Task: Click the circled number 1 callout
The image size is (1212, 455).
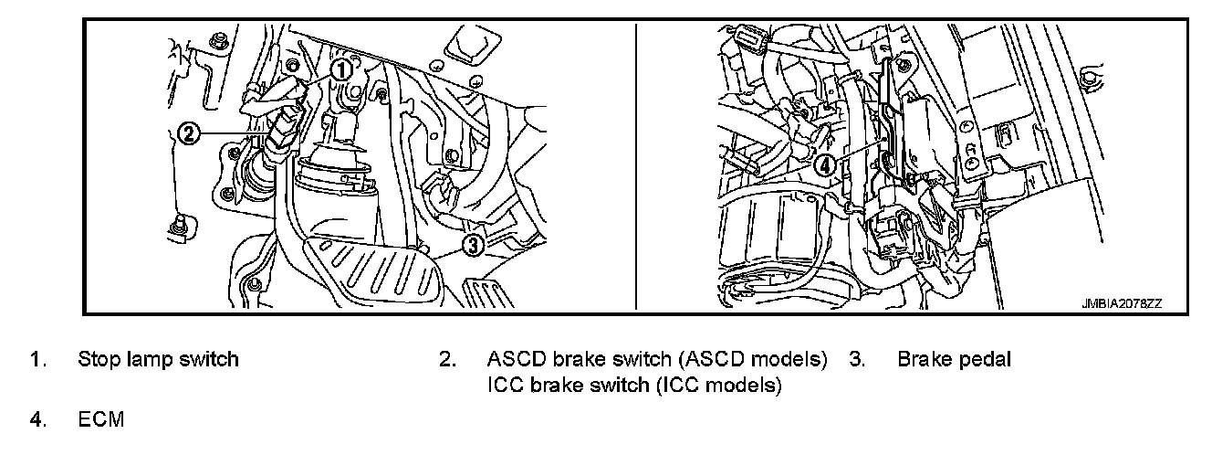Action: pos(340,69)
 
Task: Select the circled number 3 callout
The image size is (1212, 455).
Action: pos(472,244)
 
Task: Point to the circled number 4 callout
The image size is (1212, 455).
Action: pos(825,165)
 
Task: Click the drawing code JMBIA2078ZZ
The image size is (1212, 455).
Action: pos(1121,302)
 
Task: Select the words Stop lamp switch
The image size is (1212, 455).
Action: pos(158,359)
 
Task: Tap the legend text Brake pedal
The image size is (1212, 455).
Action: pos(954,359)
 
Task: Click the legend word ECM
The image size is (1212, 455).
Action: pos(100,420)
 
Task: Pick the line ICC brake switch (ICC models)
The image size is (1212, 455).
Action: pos(634,386)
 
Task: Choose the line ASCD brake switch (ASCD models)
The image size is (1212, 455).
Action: pos(657,359)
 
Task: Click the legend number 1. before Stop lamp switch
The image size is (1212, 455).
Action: pos(38,359)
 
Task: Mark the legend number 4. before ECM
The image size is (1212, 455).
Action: pos(38,420)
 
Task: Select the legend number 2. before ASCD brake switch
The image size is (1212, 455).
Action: pos(447,359)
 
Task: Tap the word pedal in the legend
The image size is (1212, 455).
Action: pos(984,359)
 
